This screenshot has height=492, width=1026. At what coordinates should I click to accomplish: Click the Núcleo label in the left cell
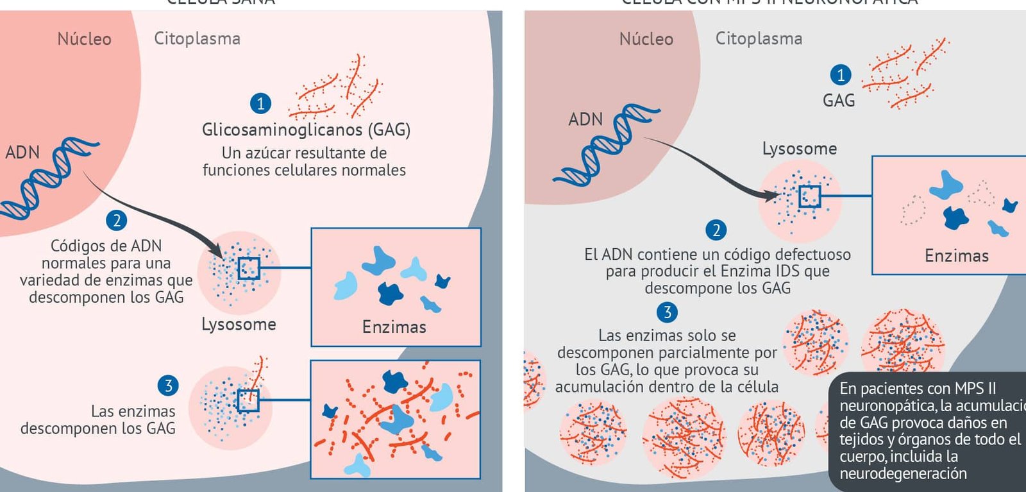[84, 39]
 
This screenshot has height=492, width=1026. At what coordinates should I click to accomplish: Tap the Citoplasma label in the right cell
[759, 38]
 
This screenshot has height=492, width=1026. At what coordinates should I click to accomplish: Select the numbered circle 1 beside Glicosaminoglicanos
[260, 103]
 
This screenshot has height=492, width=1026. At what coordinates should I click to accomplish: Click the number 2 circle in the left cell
[117, 221]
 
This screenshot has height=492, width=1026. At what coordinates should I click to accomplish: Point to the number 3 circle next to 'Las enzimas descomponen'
[168, 386]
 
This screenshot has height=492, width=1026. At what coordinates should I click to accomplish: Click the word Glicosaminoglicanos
[282, 130]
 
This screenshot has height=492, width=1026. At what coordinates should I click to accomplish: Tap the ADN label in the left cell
[22, 153]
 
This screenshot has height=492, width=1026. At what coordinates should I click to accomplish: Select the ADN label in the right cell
[585, 119]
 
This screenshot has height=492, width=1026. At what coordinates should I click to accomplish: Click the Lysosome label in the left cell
[239, 325]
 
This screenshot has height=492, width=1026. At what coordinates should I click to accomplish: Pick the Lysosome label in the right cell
[799, 149]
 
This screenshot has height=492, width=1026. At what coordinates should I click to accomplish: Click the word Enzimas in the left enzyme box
[394, 327]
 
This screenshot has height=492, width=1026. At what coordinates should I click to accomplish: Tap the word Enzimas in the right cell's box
[956, 256]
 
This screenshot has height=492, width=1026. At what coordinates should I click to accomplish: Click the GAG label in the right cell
[839, 101]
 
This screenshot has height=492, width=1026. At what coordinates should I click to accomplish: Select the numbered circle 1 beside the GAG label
[841, 75]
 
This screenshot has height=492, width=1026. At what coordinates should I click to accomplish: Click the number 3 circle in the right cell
[667, 312]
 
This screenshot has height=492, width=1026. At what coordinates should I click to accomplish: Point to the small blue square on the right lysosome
[809, 196]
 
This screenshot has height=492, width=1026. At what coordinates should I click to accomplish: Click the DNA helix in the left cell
[48, 180]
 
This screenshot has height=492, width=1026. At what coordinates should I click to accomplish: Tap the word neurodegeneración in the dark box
[903, 474]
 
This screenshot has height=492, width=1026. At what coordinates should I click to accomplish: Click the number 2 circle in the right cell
[716, 230]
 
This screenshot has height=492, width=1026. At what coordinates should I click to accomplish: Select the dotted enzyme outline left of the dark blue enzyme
[913, 210]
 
